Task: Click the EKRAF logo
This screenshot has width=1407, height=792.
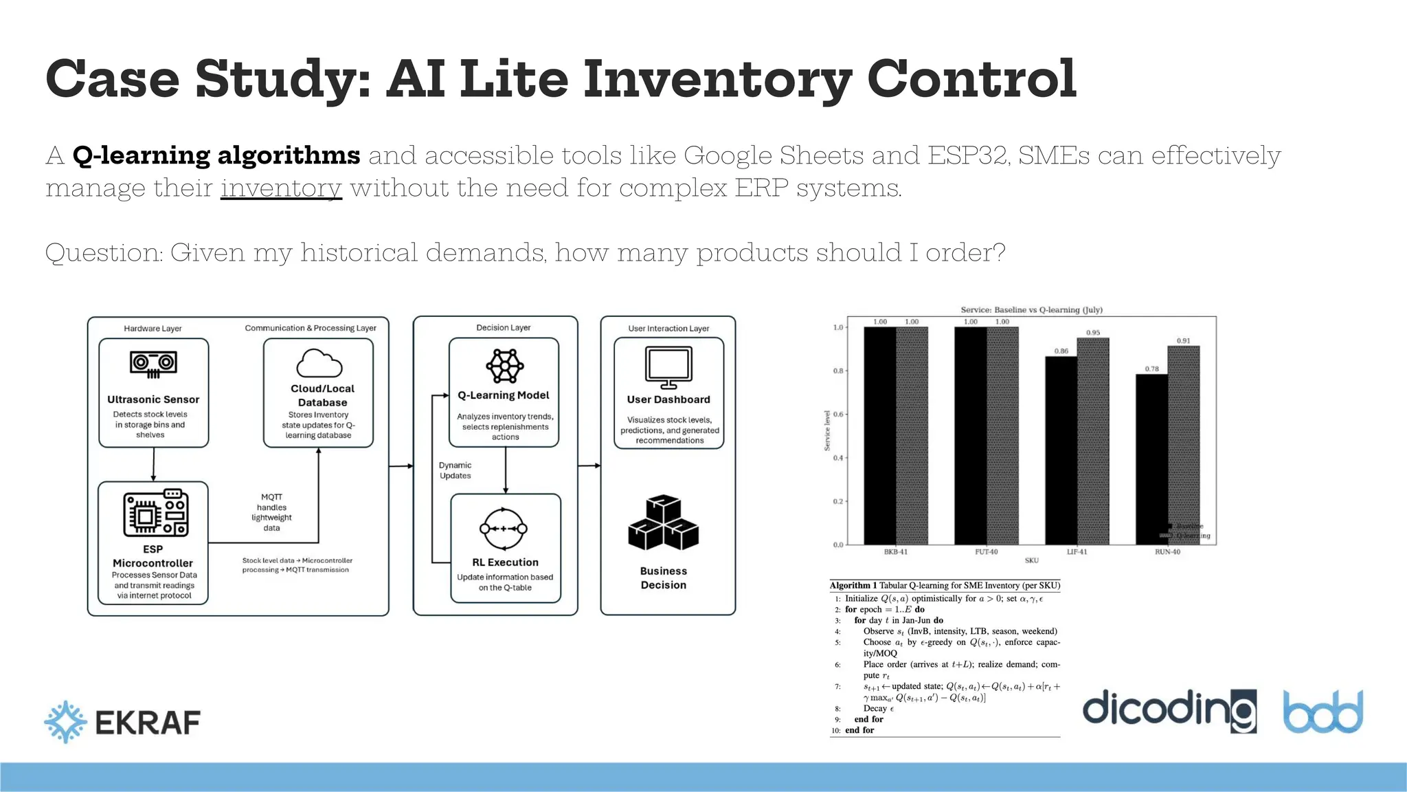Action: coord(122,722)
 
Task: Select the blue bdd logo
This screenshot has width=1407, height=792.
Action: coord(1323,712)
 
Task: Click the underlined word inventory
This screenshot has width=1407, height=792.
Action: coord(281,188)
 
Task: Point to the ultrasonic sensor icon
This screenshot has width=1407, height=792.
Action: coord(153,364)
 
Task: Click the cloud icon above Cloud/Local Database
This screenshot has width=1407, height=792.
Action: coord(319,363)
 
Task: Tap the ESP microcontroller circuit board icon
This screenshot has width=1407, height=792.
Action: coord(155,513)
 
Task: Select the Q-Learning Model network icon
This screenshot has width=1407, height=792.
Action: coord(504,366)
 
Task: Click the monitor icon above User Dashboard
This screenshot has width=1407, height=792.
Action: coord(668,367)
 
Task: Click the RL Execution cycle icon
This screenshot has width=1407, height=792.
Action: coord(504,529)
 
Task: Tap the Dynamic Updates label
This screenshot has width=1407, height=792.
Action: coord(455,470)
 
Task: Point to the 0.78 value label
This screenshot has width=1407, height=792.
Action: coord(1151,369)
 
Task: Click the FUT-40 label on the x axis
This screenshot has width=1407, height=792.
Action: coord(986,552)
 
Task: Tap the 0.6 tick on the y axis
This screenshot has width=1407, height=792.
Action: coord(837,415)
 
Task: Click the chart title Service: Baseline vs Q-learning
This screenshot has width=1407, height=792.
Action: coord(1031,310)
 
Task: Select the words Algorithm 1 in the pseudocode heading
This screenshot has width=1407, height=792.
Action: coord(853,586)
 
